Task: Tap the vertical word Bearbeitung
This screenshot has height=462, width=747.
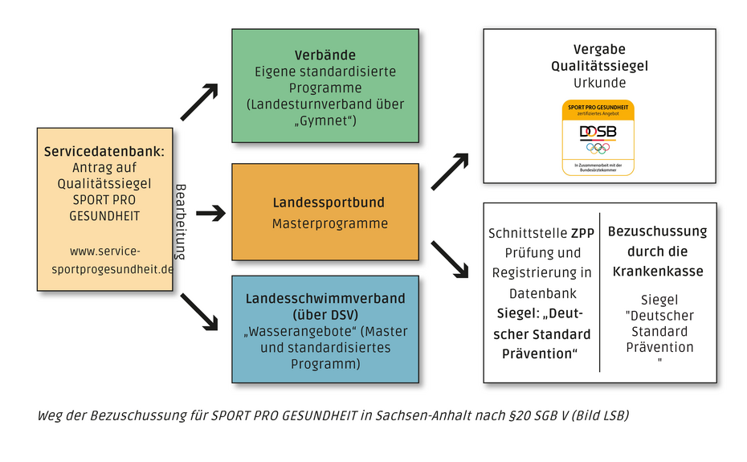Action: tap(181, 221)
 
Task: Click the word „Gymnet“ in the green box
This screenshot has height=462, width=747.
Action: tap(325, 121)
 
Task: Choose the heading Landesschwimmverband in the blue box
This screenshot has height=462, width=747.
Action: tap(325, 299)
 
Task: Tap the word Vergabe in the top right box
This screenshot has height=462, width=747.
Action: tap(599, 50)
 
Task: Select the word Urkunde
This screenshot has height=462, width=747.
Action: tap(599, 82)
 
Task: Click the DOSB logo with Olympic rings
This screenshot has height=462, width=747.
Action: tap(598, 137)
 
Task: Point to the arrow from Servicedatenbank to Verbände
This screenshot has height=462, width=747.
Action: tap(198, 102)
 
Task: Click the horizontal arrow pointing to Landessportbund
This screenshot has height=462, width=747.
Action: tap(211, 213)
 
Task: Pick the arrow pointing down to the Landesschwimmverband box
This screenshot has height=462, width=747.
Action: tap(199, 311)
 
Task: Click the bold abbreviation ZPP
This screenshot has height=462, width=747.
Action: tap(582, 234)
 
